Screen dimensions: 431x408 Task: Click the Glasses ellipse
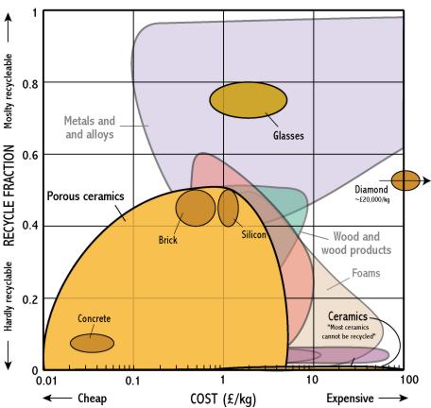point(249,100)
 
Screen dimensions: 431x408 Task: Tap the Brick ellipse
point(196,208)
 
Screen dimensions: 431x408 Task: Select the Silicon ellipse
point(228,208)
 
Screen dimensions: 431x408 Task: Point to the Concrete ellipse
point(92,343)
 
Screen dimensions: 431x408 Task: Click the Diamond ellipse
point(405,180)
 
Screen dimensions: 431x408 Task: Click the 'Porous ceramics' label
point(85,196)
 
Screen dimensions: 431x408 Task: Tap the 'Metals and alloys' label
point(90,127)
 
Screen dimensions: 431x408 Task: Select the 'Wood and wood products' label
point(356,244)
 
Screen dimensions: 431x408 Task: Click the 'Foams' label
point(366,273)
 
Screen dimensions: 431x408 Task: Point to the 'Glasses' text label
point(288,136)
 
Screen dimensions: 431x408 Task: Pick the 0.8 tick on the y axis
point(30,84)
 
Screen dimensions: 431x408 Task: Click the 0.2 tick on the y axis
point(30,299)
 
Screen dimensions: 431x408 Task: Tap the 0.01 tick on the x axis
point(46,381)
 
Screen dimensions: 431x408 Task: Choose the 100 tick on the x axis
point(409,380)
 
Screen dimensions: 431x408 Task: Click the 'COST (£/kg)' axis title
point(223,399)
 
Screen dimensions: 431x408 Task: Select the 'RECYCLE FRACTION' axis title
point(9,195)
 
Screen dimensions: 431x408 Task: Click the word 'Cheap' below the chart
point(92,399)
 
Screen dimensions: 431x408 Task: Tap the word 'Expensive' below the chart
point(350,399)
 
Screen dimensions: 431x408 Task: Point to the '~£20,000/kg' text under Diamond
point(372,199)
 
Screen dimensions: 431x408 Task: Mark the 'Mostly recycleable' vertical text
point(8,92)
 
